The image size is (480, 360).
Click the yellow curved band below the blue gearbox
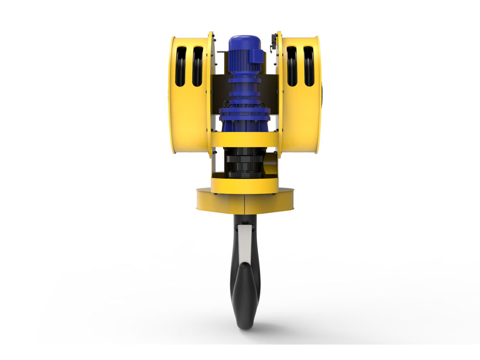[245, 139]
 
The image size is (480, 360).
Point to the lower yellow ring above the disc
[245, 185]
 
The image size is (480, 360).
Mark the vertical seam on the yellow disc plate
[244, 204]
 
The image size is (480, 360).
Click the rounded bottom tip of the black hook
[247, 324]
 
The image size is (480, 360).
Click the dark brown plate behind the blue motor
[219, 91]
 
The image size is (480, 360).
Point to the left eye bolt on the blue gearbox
[224, 103]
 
